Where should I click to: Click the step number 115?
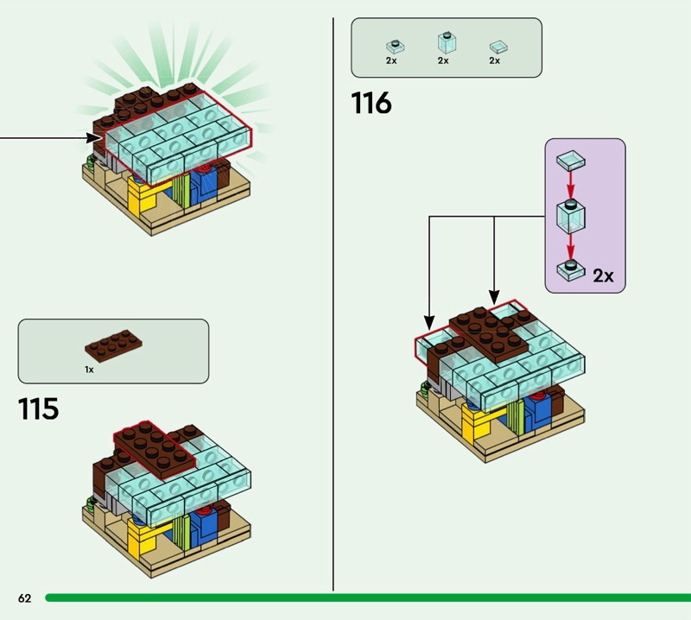[38, 408]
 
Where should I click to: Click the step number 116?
[371, 104]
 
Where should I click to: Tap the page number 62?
[24, 598]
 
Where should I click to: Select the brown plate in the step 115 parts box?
[113, 345]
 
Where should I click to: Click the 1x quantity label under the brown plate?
[89, 369]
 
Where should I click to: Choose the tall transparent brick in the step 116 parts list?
[444, 41]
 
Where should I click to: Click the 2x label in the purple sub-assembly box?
[603, 276]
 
